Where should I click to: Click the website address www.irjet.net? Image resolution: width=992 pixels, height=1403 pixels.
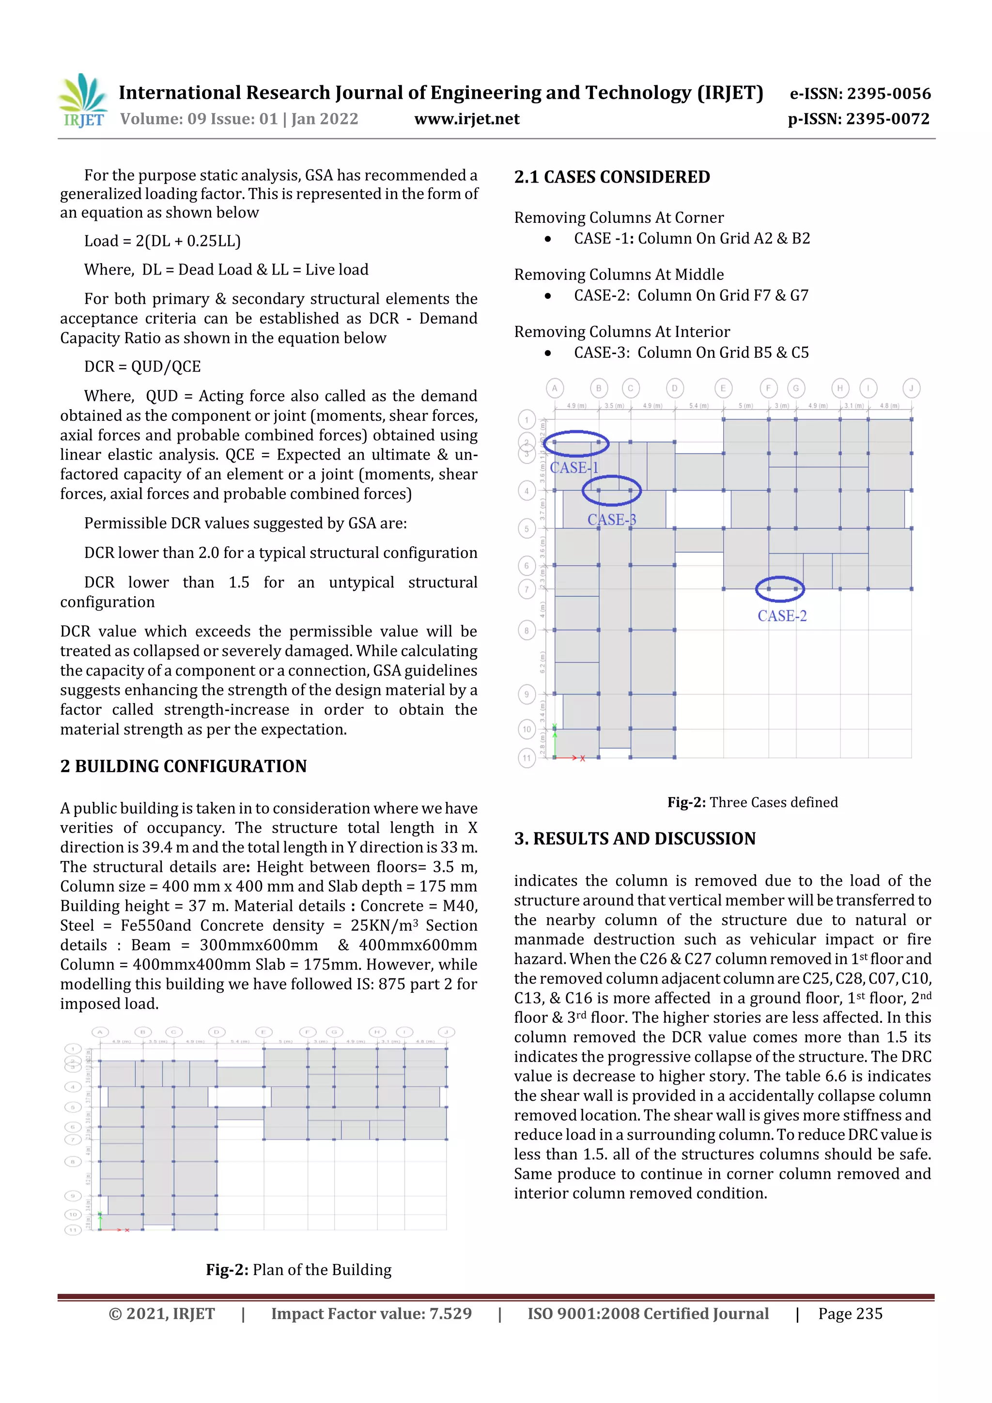(x=466, y=119)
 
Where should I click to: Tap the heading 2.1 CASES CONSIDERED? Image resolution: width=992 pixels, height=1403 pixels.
(x=612, y=177)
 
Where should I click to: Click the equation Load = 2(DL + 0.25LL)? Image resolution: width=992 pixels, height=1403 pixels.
(x=163, y=241)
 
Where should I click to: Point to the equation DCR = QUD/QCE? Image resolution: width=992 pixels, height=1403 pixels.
(x=142, y=367)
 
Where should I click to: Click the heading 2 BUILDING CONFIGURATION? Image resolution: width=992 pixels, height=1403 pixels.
(x=184, y=766)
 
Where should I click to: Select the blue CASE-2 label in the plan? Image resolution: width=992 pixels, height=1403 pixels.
(x=782, y=616)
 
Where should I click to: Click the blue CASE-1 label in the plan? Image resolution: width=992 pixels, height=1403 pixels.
(x=574, y=468)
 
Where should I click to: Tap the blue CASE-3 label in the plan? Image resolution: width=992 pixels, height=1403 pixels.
(x=612, y=520)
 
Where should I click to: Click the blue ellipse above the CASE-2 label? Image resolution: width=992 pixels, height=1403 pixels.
(x=780, y=589)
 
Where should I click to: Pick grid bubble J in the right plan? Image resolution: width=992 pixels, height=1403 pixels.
(x=911, y=388)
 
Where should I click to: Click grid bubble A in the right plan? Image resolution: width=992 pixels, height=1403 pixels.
(x=555, y=388)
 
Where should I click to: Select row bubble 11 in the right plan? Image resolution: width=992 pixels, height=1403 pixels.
(x=526, y=758)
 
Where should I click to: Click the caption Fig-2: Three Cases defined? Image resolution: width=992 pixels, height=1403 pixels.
(x=752, y=802)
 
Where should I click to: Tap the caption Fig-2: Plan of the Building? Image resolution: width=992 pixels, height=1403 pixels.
(x=298, y=1270)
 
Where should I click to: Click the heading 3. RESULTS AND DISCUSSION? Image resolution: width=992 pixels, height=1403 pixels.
(x=635, y=838)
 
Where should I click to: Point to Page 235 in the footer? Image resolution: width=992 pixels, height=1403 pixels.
(x=850, y=1314)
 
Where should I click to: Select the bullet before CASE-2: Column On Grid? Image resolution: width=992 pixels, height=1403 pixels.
(x=548, y=296)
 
